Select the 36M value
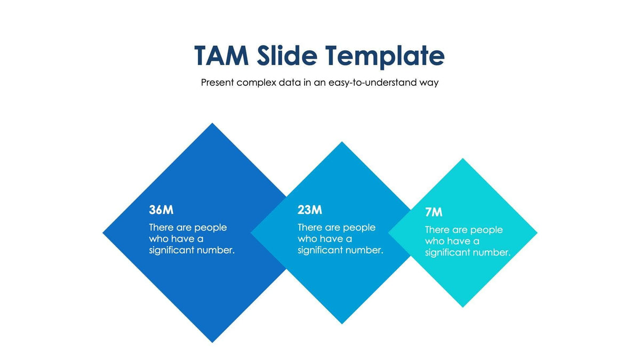(x=161, y=210)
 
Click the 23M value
(x=310, y=210)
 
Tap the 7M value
(x=434, y=212)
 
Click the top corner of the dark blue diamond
(x=213, y=124)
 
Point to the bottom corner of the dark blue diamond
(x=213, y=341)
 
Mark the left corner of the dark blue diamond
(x=103, y=233)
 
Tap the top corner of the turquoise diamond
(x=462, y=159)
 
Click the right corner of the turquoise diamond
(x=536, y=233)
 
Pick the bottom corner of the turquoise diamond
(x=462, y=307)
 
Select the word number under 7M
(x=491, y=252)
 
